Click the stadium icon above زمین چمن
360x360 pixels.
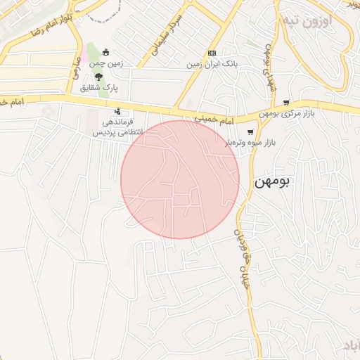[x=106, y=51]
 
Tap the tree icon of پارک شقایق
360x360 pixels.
[x=98, y=77]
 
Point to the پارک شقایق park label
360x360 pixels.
[x=98, y=88]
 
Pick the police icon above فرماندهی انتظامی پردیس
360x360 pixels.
[x=117, y=112]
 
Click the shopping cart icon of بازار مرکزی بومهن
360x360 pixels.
[x=286, y=103]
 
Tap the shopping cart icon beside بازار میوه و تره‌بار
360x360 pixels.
[x=250, y=131]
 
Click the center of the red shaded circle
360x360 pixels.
[x=180, y=179]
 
